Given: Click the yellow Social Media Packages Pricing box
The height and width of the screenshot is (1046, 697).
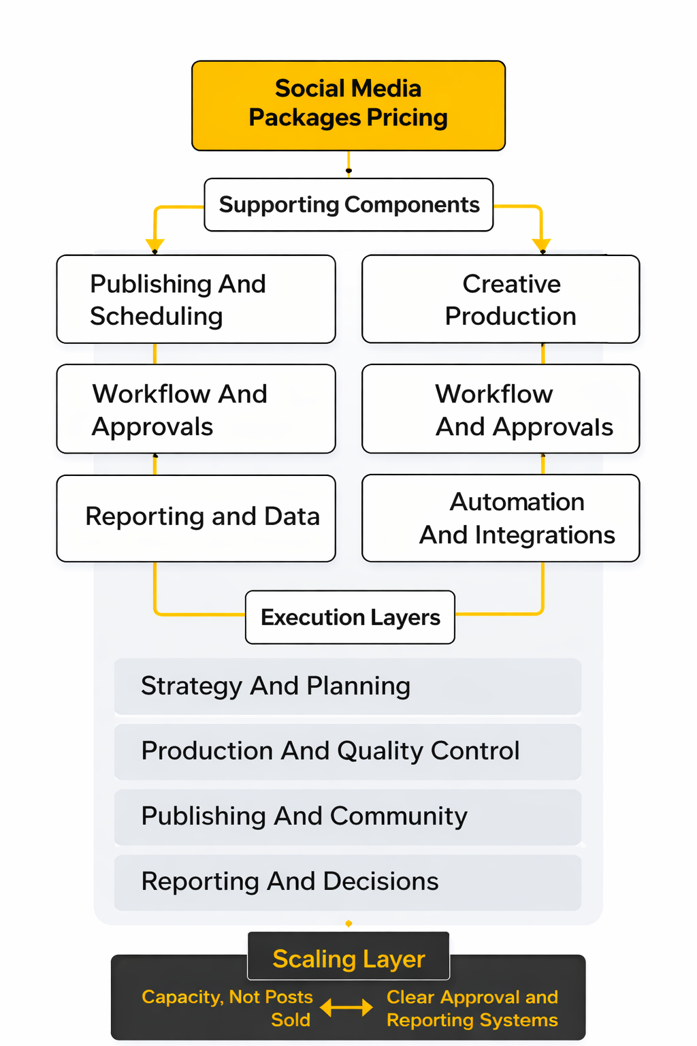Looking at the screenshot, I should pos(348,106).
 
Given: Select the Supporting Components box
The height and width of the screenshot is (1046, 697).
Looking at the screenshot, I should pos(348,205).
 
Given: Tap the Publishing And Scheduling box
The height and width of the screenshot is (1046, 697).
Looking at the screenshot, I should pos(196,300).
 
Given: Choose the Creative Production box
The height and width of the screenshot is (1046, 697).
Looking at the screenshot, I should pos(501,300).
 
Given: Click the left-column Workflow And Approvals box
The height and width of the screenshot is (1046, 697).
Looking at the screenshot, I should pos(196,409).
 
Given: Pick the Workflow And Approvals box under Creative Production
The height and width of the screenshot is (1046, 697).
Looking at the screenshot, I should pos(501,409).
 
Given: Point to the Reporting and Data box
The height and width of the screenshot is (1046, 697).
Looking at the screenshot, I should pos(196,518).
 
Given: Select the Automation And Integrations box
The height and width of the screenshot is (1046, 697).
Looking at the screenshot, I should pos(501,518).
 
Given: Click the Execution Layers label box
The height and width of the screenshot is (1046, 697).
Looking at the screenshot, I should pos(350,617).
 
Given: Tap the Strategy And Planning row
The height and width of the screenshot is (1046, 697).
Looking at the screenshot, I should pos(347,686).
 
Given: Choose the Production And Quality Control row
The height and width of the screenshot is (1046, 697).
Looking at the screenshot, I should pos(347,751).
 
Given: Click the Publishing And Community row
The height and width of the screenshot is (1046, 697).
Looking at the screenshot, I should pos(347,817).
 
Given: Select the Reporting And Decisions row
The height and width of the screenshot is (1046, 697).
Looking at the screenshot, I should pos(347,882).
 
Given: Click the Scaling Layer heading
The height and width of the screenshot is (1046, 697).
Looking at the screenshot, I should pos(348,958).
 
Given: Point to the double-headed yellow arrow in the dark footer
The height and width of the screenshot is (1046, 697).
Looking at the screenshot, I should pos(346,1007).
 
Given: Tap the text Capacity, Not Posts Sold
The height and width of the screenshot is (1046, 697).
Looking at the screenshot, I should pos(227,1008).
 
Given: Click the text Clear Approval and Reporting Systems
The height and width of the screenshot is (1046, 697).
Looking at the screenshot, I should pos(472,1008).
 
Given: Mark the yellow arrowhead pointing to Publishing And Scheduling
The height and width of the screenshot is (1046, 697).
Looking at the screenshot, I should pos(155,245).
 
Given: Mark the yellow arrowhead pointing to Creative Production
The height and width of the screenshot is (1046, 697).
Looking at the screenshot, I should pos(542,245).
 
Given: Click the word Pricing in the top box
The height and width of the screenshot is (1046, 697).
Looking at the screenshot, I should pos(407,118).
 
